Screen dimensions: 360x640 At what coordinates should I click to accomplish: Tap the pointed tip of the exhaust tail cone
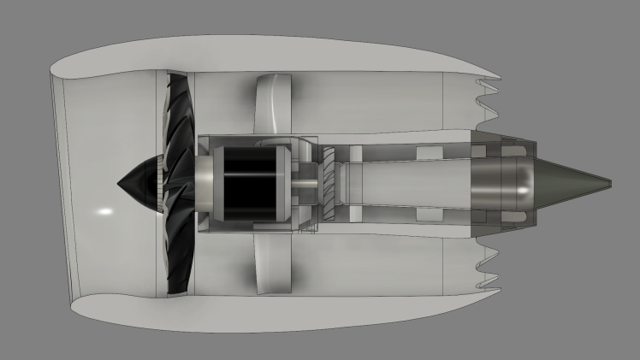click(609, 182)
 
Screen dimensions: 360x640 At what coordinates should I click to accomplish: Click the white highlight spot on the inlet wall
click(104, 210)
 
